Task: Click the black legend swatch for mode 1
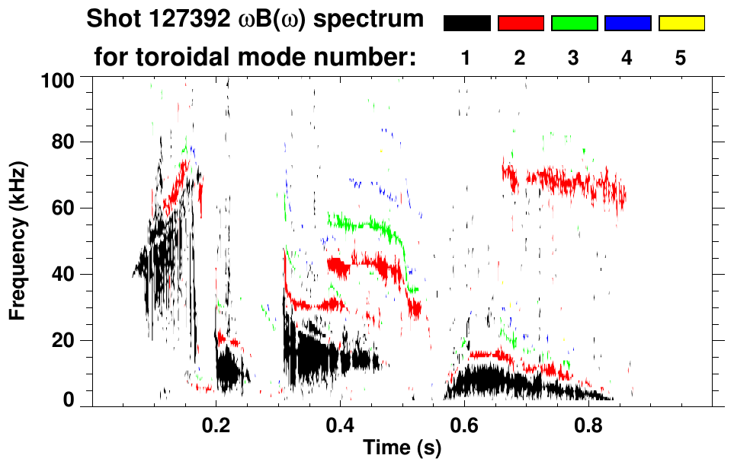tap(466, 24)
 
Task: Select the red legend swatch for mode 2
tap(521, 24)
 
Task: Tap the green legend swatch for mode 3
tap(574, 24)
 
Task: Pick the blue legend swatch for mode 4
tap(627, 24)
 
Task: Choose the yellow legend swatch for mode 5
tap(681, 24)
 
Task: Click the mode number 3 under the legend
tap(574, 58)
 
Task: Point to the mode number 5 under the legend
tap(681, 58)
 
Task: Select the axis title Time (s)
tap(402, 449)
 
